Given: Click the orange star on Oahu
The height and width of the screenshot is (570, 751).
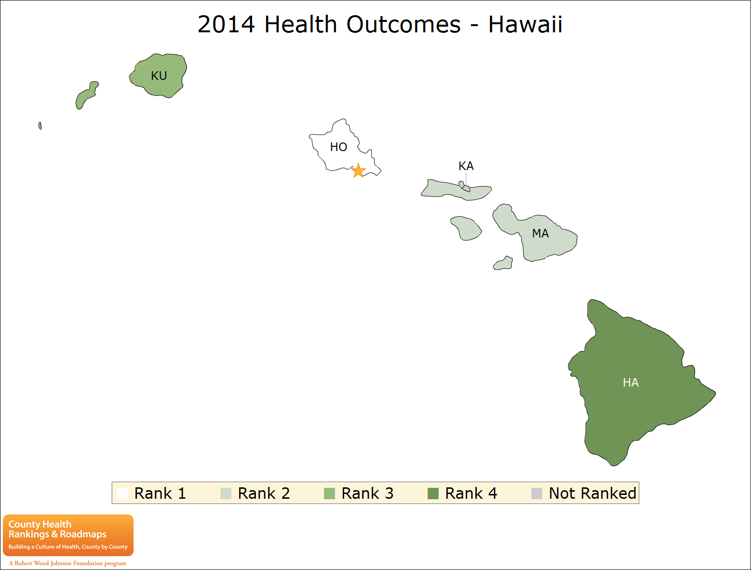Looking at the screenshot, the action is click(x=358, y=170).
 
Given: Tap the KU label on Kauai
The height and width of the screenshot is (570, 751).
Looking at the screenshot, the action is click(x=159, y=76).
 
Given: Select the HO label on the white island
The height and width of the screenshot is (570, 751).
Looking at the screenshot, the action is click(x=338, y=147).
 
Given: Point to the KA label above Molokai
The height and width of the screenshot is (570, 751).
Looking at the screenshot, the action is click(x=466, y=166).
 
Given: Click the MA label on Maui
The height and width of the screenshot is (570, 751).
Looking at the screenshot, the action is click(x=540, y=233).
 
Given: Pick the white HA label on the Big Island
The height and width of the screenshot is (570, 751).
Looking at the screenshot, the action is click(x=631, y=382).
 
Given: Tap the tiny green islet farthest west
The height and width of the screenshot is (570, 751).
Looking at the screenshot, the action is click(x=40, y=126).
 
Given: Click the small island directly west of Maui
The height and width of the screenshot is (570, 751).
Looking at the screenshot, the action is click(x=466, y=228).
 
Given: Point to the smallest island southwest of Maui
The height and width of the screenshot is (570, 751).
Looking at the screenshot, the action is click(x=503, y=264).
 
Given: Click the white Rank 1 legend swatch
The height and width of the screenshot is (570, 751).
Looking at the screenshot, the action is click(x=122, y=494).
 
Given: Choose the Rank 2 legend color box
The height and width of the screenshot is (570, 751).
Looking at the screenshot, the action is click(x=226, y=494).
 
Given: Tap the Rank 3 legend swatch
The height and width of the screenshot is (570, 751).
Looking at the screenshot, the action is click(x=329, y=494).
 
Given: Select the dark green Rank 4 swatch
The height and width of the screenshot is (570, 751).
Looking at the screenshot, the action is click(x=433, y=494).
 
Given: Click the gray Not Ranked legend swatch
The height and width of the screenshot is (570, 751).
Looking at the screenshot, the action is click(x=537, y=494).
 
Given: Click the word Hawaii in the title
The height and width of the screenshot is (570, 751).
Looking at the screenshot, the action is click(x=525, y=25).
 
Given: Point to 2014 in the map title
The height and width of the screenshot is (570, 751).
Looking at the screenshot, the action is click(x=226, y=25).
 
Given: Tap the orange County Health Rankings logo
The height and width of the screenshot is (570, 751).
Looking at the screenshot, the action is click(x=68, y=535).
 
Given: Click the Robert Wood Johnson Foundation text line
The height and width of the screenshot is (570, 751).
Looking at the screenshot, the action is click(x=67, y=563).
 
